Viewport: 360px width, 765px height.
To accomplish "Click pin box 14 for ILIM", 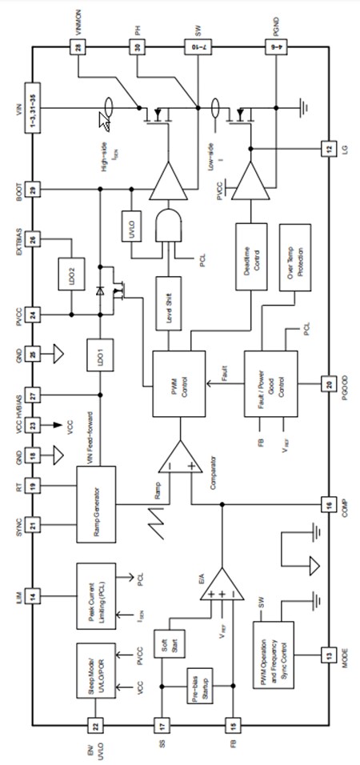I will [x=33, y=595].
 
